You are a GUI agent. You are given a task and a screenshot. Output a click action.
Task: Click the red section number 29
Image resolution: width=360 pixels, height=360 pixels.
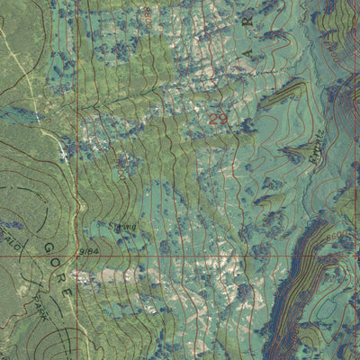218,120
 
